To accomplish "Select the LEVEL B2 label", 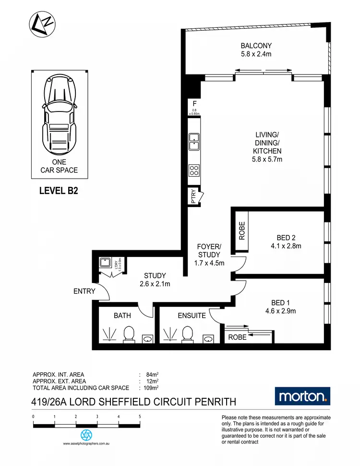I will point(58,191).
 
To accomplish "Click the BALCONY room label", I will point(256,47).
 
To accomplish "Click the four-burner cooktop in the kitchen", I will point(194,170).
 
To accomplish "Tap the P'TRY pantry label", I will point(193,196).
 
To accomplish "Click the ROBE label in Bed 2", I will point(241,231).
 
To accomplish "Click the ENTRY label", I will point(84,291).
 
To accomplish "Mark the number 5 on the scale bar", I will point(140,417).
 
